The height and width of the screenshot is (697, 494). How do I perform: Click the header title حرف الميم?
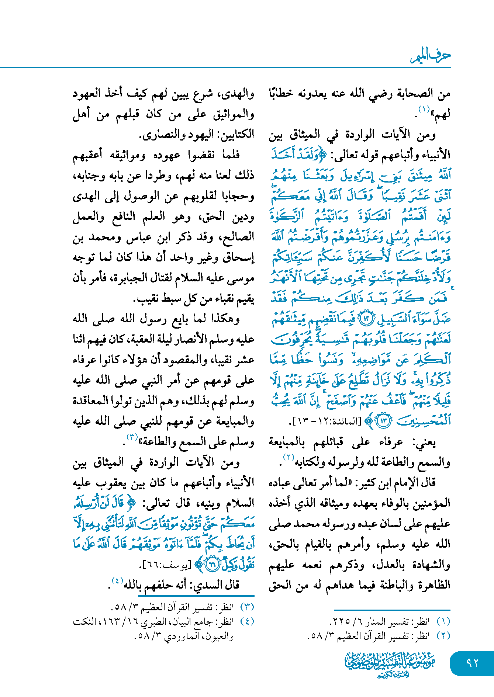[431, 56]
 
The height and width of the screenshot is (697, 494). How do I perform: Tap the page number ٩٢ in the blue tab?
[472, 663]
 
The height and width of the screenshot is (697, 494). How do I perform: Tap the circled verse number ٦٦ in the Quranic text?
[212, 564]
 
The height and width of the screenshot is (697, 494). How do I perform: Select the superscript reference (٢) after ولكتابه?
[288, 458]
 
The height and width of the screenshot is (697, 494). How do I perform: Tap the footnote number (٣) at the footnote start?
[247, 607]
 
